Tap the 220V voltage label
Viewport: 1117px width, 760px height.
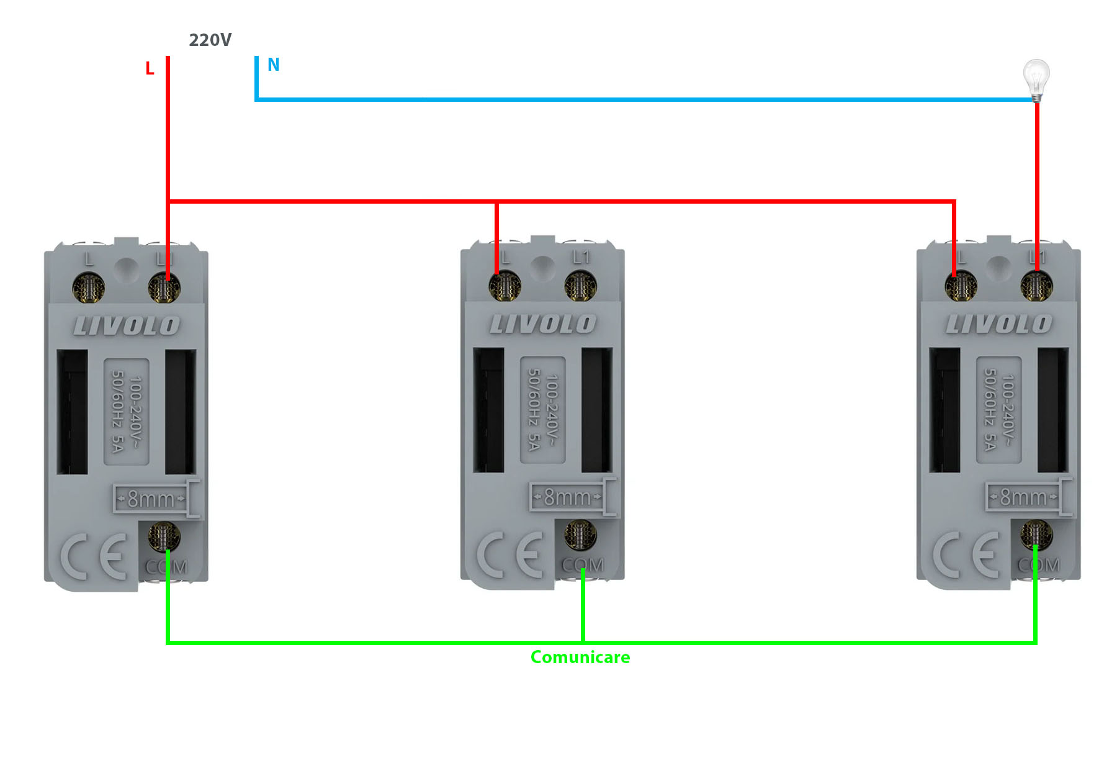click(210, 40)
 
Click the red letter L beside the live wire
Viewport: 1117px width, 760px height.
click(150, 69)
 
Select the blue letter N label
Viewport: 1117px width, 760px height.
click(273, 65)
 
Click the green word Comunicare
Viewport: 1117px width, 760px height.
click(580, 657)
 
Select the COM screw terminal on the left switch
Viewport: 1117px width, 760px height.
click(164, 536)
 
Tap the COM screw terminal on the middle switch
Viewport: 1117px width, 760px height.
click(580, 535)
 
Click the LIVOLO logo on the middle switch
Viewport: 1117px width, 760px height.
click(543, 323)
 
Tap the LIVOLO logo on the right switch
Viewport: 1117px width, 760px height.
click(999, 323)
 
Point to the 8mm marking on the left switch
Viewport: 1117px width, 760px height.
click(151, 499)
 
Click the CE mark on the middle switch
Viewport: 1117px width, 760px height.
click(509, 554)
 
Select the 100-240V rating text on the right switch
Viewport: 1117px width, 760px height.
click(999, 410)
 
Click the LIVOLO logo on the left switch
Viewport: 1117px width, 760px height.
click(127, 325)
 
